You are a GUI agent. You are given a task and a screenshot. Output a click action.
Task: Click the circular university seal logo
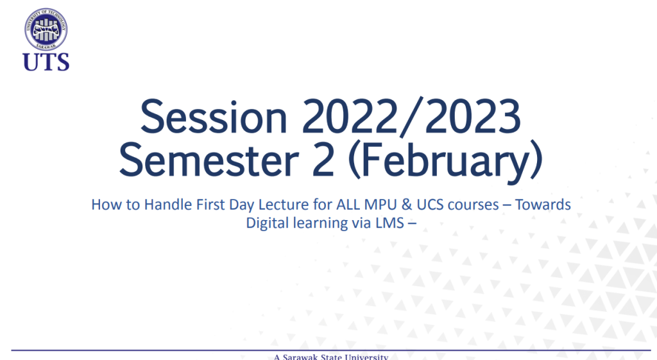[46, 30]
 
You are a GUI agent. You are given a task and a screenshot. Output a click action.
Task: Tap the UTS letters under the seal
[46, 62]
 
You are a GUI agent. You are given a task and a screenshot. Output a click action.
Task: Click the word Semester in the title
[209, 160]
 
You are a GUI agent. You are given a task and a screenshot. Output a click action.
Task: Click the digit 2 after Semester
[323, 160]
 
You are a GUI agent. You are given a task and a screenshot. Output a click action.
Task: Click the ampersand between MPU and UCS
[407, 205]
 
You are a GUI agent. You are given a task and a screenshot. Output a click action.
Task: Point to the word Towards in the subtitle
[543, 205]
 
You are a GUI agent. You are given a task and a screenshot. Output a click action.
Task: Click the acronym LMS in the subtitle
[389, 223]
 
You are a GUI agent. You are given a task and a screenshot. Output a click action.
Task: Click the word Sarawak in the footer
[300, 357]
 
